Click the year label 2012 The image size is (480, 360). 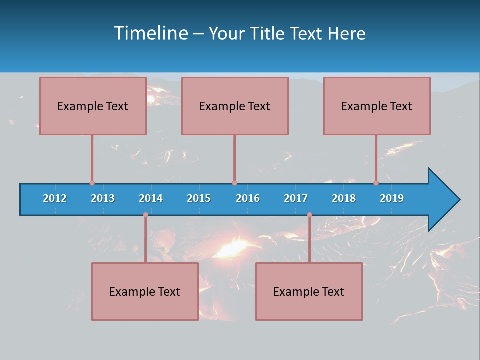click(x=55, y=198)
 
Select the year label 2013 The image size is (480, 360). click(x=103, y=198)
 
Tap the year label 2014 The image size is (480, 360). click(x=151, y=198)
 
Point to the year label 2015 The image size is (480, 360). click(x=199, y=198)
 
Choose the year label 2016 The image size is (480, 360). click(x=248, y=198)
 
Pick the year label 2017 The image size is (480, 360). click(x=296, y=198)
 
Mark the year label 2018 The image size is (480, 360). click(x=344, y=198)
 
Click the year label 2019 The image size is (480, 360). click(x=392, y=198)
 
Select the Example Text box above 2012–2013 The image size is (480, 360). click(x=93, y=106)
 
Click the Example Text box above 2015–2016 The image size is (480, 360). click(x=235, y=106)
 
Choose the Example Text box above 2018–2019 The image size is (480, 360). click(x=377, y=106)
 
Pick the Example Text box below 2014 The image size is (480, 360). click(x=145, y=291)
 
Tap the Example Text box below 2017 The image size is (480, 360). click(x=309, y=291)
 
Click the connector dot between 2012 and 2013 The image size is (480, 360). click(x=92, y=183)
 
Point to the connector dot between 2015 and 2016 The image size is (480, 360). click(x=234, y=183)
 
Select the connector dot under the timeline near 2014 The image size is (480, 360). click(x=145, y=215)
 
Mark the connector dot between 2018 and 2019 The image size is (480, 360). click(x=376, y=183)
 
